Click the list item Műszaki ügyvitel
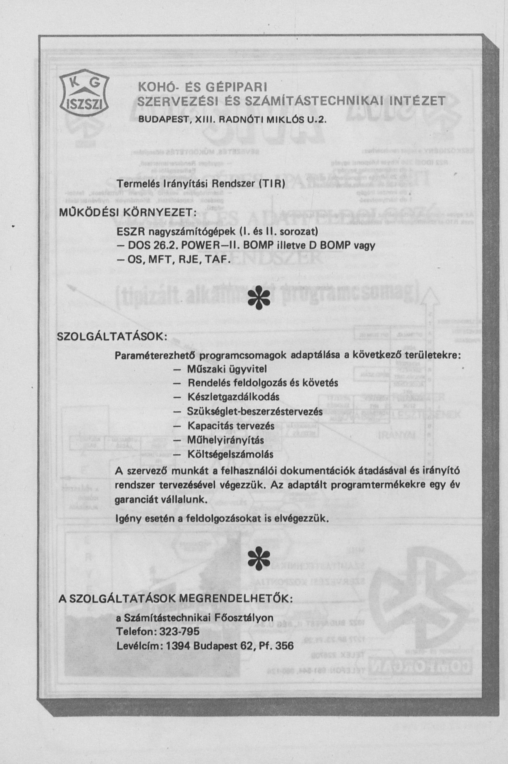tap(226, 369)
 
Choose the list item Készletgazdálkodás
tap(233, 397)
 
